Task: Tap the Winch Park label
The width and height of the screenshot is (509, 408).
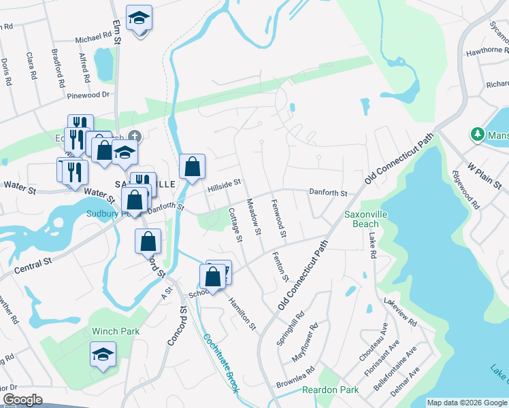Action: pos(116,331)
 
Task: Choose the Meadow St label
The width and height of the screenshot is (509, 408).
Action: pos(254,217)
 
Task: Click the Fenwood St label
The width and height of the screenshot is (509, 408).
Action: pos(278,219)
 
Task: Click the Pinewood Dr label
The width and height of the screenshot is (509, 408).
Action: pos(89,95)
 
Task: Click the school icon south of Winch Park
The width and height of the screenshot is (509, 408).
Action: pos(103,354)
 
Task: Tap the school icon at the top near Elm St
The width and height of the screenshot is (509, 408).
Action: pos(139,20)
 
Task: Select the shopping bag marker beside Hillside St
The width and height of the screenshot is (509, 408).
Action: pos(193,166)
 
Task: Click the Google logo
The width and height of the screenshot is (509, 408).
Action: pos(23,400)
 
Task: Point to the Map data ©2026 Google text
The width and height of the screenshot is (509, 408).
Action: pos(467,403)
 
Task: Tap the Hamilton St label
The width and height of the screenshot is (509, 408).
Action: pos(242,314)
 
